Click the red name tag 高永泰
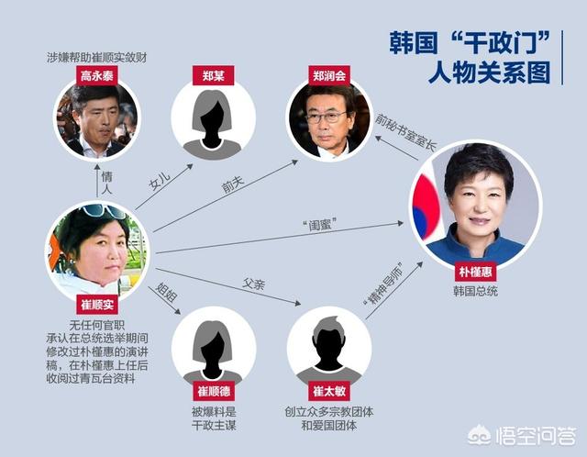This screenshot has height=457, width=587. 97,75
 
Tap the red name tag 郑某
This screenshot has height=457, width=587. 214,75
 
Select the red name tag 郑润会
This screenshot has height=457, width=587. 329,75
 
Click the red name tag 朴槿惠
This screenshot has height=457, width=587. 475,272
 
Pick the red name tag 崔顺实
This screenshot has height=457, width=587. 97,304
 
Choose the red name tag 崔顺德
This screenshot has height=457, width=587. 214,391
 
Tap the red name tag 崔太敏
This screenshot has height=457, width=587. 329,391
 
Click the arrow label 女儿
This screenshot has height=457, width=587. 161,181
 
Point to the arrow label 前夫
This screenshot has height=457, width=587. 232,184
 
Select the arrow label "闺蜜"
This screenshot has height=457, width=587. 319,225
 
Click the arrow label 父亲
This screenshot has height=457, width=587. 254,284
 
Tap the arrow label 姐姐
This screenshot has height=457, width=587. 166,293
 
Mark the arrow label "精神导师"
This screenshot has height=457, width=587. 383,284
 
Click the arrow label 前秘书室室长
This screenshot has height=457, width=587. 406,132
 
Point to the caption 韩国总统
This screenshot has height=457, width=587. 475,291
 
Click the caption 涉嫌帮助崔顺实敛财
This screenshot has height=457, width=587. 97,57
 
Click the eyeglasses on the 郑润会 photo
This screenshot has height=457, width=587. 327,117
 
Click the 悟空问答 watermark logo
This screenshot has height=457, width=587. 522,435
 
